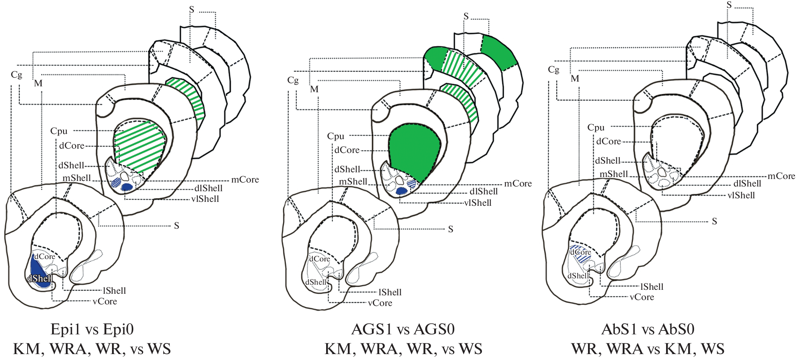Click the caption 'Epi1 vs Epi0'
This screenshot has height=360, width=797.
coord(92,329)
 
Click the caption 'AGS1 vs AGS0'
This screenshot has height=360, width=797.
coord(403,329)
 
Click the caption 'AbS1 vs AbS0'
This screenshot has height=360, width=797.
coord(648,329)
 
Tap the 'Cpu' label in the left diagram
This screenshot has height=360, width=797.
coord(59,131)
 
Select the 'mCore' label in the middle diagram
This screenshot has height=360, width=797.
coord(518,183)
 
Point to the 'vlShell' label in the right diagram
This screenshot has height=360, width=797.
coord(741,195)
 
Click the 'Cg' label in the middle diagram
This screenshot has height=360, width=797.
coord(293,80)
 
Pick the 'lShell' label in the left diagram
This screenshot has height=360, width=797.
coord(114,291)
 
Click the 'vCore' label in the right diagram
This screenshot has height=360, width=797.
coord(642,297)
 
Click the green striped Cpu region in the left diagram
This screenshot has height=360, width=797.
coord(140,146)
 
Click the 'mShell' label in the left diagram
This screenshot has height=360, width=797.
coord(77,178)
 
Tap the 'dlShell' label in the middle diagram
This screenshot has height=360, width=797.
coord(483,192)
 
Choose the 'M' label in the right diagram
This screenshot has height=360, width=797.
coord(575,78)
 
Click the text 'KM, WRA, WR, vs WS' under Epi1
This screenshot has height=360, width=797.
coord(92,349)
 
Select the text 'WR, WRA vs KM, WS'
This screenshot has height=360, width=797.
coord(648,349)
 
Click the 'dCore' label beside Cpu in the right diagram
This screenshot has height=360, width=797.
coord(608,141)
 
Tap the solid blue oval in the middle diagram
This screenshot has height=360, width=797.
coord(401,191)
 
